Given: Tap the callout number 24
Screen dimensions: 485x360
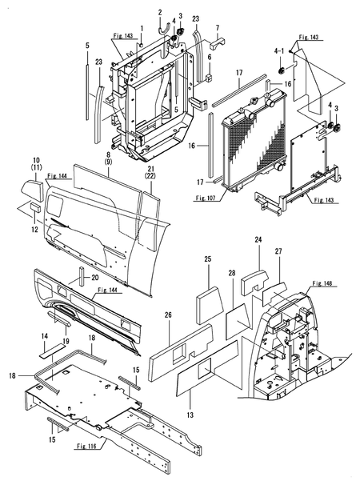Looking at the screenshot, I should (258, 239).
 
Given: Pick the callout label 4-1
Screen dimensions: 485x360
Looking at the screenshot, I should (280, 50).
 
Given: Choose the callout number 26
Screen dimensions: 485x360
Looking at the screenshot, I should (169, 315).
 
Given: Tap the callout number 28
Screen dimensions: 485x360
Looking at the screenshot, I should (232, 275).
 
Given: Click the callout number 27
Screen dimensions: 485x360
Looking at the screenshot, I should (279, 251).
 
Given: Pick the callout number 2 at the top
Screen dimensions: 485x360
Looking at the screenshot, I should (159, 10).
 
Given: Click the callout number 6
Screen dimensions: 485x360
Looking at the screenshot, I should (209, 58).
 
